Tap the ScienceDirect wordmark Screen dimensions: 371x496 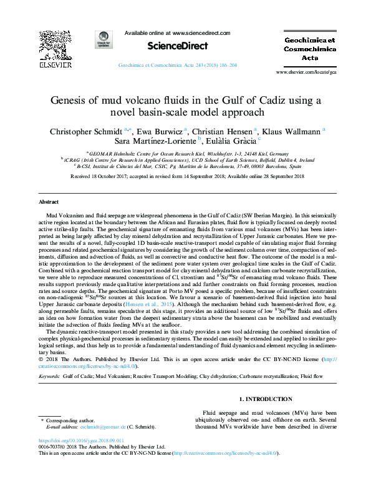pyautogui.click(x=177, y=46)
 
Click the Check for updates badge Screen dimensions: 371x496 pyautogui.click(x=104, y=41)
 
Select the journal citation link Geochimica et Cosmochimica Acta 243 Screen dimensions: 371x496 pyautogui.click(x=177, y=65)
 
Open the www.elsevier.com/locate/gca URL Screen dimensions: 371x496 pyautogui.click(x=318, y=72)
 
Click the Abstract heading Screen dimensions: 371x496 pyautogui.click(x=49, y=202)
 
